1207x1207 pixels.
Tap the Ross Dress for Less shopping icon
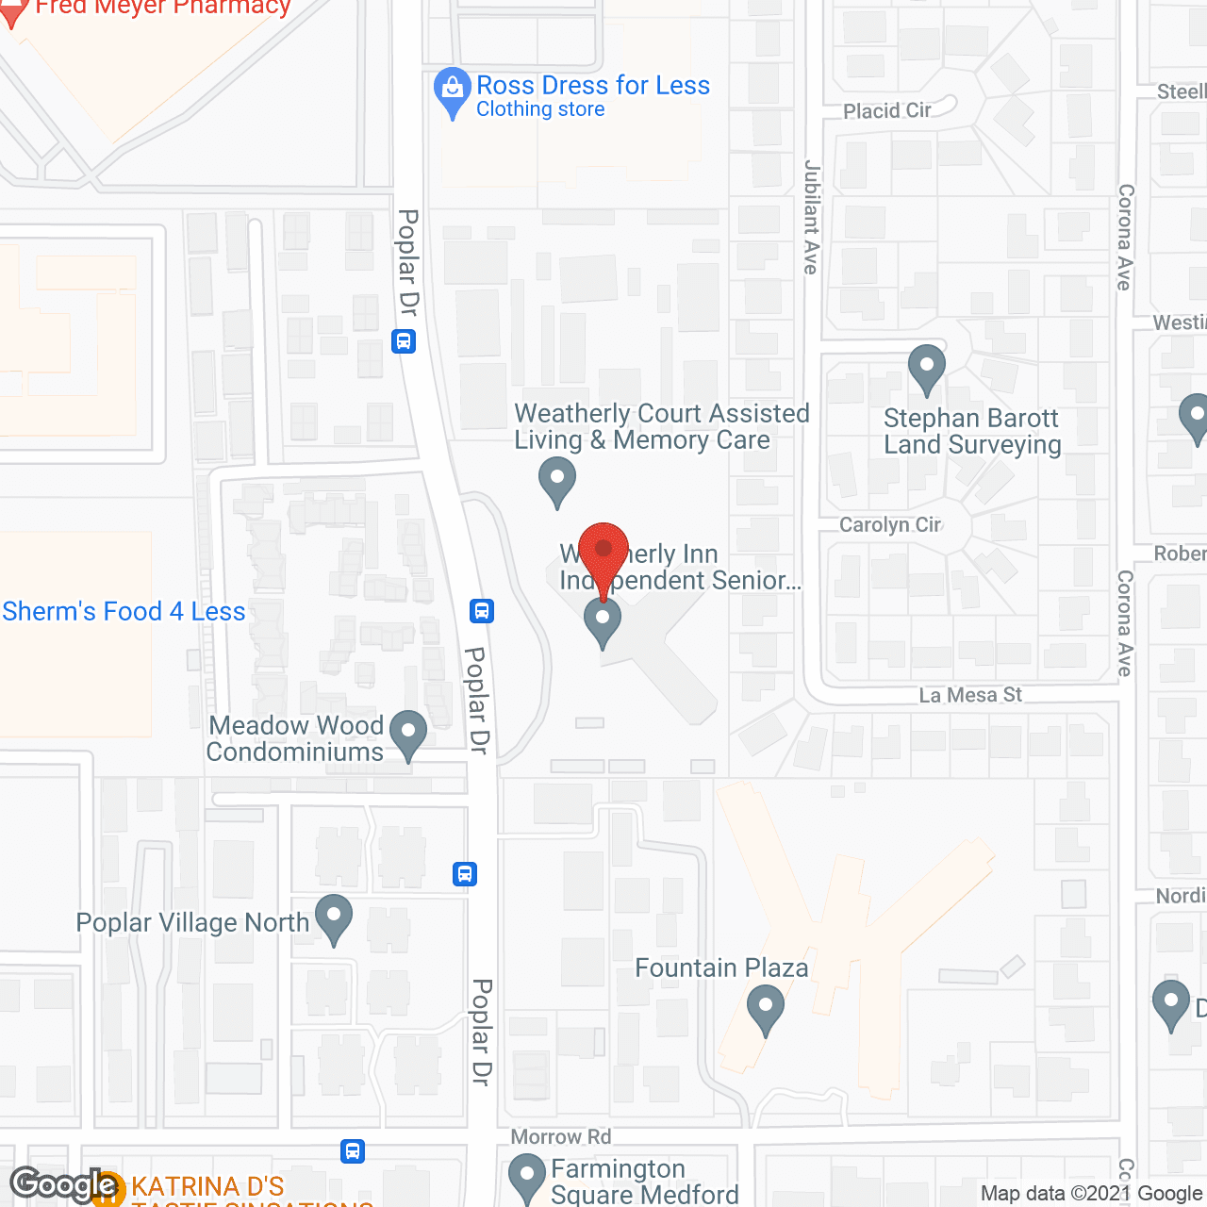coord(453,92)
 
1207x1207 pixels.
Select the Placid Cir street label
coord(886,111)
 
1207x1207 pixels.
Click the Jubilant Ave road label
coord(811,218)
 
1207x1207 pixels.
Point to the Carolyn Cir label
coord(889,524)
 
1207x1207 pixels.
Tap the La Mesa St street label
coord(970,695)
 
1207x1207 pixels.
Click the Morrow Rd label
coord(561,1137)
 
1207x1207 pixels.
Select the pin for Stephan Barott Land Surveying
coord(927,368)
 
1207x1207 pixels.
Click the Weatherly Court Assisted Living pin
coord(557,479)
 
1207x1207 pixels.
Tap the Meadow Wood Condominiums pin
coord(408,734)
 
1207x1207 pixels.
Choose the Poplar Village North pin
coord(333,918)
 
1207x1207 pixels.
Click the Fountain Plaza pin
coord(766,1008)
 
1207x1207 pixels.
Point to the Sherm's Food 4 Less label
coord(124,611)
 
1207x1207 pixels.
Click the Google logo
coord(64,1184)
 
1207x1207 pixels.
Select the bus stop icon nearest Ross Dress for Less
coord(404,340)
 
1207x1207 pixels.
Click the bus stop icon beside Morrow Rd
coord(353,1150)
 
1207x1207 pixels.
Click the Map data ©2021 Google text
coord(1092,1193)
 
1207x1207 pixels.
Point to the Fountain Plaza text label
coord(721,967)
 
